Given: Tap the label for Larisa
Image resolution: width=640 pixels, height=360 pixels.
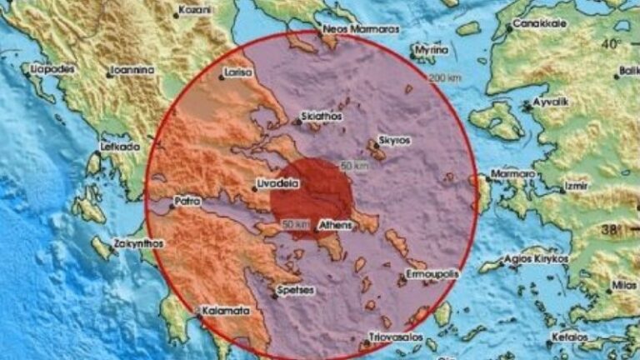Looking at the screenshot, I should (239, 73).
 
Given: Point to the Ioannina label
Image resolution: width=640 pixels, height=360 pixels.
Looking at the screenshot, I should (135, 71).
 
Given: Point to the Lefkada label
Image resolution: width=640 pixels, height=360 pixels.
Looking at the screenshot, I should (118, 146).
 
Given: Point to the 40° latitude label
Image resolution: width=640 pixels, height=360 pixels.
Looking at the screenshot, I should (613, 43).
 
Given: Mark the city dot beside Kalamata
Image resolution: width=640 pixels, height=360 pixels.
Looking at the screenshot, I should (201, 313).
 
